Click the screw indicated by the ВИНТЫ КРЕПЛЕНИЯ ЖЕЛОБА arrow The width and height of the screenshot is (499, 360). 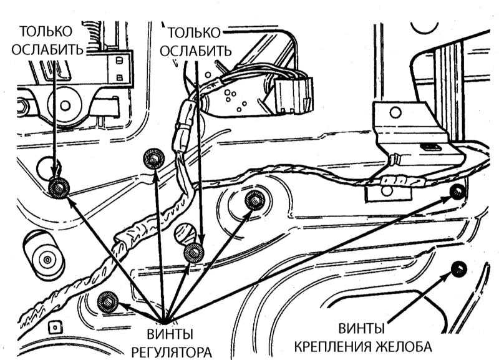click(x=458, y=268)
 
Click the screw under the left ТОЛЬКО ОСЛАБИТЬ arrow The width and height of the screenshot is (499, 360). click(x=57, y=186)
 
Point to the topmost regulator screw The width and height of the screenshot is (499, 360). click(x=152, y=159)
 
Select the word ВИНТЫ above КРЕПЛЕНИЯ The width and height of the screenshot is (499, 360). click(x=362, y=328)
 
